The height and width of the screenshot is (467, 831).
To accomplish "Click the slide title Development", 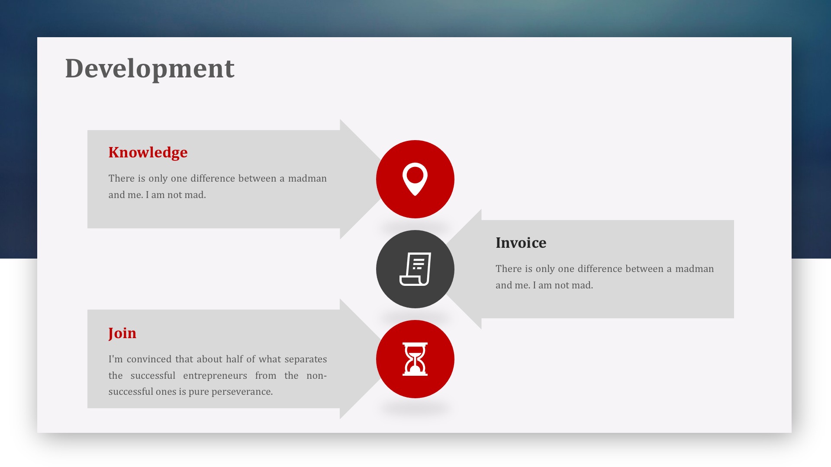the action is (x=150, y=69).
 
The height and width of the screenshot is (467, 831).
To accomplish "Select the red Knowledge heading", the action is (x=148, y=153).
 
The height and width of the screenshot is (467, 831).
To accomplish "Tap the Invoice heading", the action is (x=521, y=243).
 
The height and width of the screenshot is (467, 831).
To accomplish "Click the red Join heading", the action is (x=122, y=333).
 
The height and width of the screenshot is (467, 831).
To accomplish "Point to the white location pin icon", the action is (x=415, y=179).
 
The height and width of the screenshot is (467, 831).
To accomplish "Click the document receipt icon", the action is (x=415, y=269).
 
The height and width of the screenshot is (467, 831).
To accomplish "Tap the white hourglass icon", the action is (x=415, y=359).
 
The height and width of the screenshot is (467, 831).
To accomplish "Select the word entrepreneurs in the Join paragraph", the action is (x=215, y=376).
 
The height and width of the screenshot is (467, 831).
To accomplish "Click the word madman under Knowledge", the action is (x=307, y=179).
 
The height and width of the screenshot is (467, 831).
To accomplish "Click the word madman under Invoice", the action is (x=695, y=269).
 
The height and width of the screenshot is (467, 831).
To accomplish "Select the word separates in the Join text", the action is (x=306, y=359).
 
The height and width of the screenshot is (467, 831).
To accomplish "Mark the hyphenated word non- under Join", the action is (x=316, y=376).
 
